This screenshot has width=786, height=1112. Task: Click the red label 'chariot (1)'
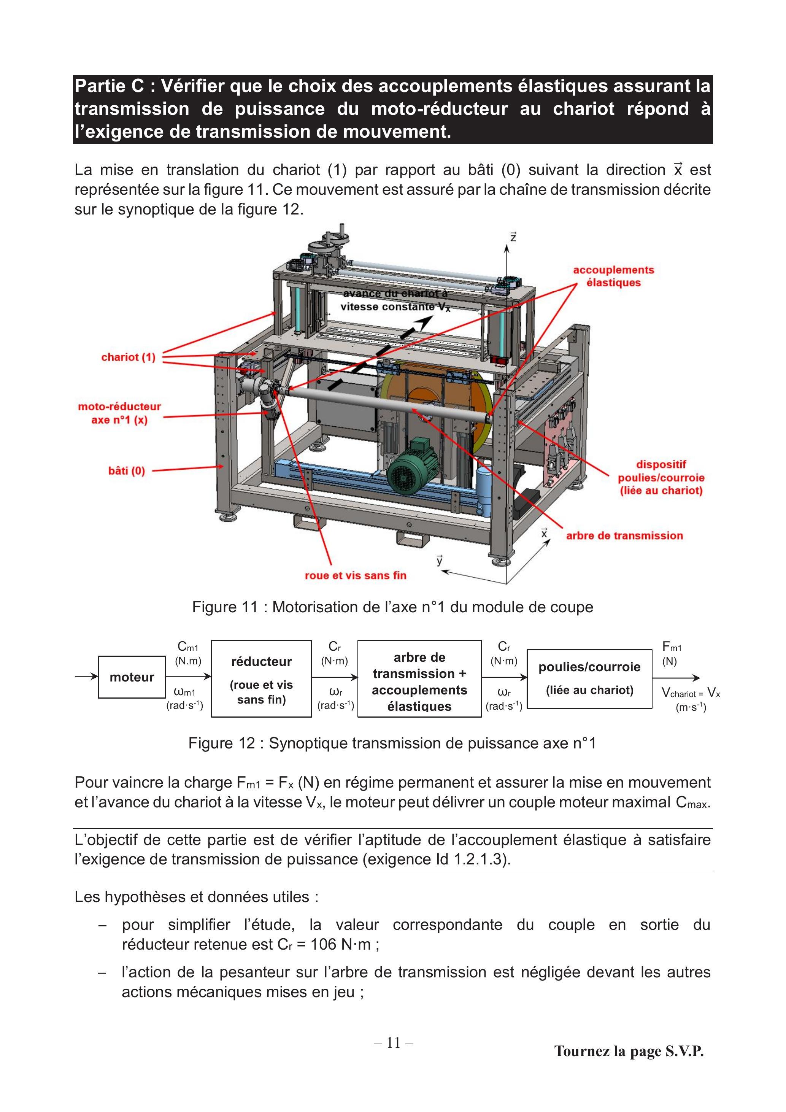[x=128, y=357]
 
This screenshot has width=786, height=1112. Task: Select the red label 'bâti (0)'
[x=126, y=471]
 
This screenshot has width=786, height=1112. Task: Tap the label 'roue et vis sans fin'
[x=356, y=575]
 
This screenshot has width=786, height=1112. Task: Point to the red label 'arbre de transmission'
[x=624, y=536]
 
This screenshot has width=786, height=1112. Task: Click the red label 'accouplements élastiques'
[x=614, y=276]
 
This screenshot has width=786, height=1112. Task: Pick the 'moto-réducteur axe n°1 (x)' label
[x=119, y=413]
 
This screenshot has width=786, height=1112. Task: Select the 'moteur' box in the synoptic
[x=132, y=677]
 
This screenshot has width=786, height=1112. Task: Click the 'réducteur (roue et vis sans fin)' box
[x=262, y=678]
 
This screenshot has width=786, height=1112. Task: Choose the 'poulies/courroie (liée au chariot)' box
[x=589, y=678]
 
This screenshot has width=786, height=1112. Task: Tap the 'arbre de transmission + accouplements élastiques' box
[x=419, y=678]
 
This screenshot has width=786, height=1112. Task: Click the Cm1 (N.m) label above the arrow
[x=188, y=653]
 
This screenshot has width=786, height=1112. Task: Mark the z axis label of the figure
[x=513, y=237]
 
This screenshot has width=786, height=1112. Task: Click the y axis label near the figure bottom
[x=440, y=560]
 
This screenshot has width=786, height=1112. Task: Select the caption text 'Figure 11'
[x=225, y=607]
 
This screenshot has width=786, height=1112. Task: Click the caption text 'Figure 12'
[x=222, y=743]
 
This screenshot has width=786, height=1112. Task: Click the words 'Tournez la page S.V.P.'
[x=629, y=1051]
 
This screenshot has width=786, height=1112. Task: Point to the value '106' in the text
[x=324, y=944]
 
